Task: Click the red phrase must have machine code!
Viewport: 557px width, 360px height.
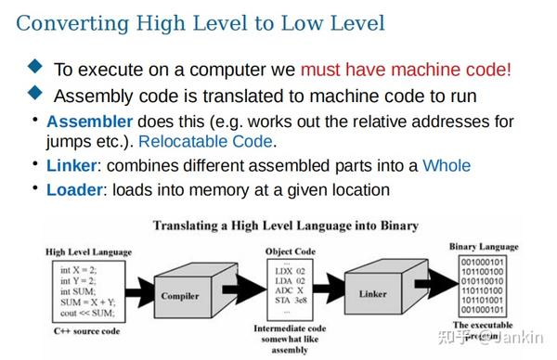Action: [x=406, y=69]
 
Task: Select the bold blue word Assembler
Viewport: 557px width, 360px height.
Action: [x=89, y=122]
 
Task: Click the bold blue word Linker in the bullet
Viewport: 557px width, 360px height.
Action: [x=72, y=166]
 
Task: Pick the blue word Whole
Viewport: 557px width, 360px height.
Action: [x=446, y=166]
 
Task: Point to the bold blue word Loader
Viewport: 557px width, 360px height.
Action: [x=73, y=190]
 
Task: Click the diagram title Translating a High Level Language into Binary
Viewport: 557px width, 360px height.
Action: [x=285, y=225]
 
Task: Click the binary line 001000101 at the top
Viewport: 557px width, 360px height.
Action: [x=486, y=263]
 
